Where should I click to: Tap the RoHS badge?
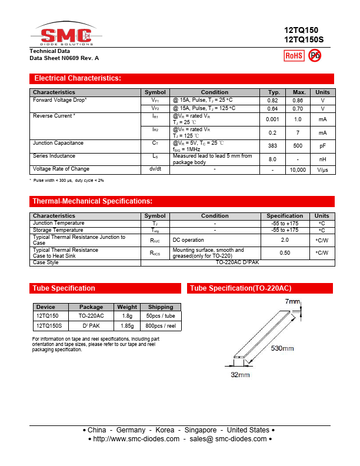tap(294, 55)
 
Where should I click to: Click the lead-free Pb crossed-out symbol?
tap(315, 55)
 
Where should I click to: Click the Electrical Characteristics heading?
tap(78, 78)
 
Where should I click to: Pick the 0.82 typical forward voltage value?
tap(272, 101)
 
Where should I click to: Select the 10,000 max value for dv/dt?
tap(298, 169)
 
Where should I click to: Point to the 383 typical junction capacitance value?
tap(272, 146)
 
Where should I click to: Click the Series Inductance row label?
tap(54, 156)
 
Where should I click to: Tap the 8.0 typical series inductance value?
tap(272, 159)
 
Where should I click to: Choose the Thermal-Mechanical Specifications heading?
tap(92, 201)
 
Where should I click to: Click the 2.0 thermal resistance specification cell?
tap(285, 240)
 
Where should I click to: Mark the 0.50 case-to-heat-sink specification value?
tap(285, 252)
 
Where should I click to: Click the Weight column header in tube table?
tap(127, 307)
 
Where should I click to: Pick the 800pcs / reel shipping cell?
tap(161, 325)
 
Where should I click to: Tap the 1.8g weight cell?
tap(127, 316)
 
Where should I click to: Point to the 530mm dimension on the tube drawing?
tap(282, 348)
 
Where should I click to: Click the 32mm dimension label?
tap(240, 375)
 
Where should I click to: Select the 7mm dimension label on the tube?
tap(292, 302)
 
